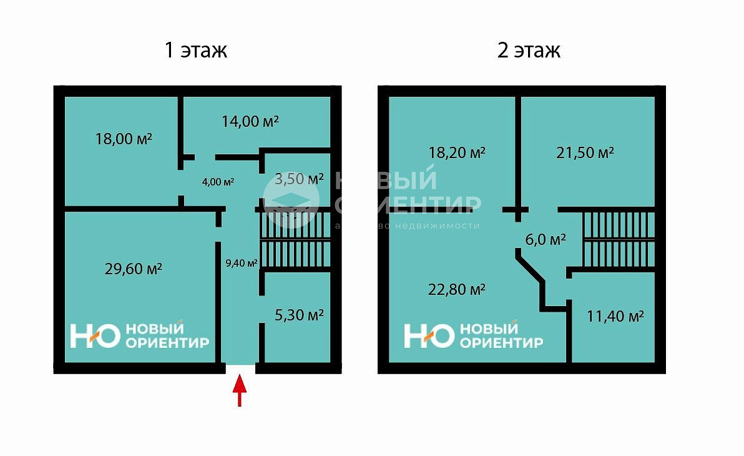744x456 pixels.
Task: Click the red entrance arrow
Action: point(240,390)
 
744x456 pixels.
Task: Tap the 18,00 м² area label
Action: point(124,139)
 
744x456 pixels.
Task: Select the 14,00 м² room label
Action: point(250,121)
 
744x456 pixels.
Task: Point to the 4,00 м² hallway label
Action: point(218,182)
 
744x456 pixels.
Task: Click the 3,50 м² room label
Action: point(300,179)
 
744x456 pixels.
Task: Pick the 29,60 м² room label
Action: point(133,269)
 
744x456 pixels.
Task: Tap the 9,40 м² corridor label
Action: point(242,263)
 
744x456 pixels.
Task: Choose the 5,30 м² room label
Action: point(299,315)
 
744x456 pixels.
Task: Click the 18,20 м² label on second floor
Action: point(457,152)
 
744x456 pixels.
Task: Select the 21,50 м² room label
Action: point(585,152)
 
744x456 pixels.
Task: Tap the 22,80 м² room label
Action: point(457,289)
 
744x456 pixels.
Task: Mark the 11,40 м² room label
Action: point(615,316)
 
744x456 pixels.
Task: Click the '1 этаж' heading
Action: point(195,50)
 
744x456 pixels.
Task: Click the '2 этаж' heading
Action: point(529,50)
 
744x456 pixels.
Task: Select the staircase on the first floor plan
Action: point(295,240)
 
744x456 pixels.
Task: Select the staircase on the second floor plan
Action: point(619,240)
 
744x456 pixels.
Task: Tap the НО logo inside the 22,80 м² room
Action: point(429,336)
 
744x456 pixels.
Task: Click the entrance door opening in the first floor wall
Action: point(240,369)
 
